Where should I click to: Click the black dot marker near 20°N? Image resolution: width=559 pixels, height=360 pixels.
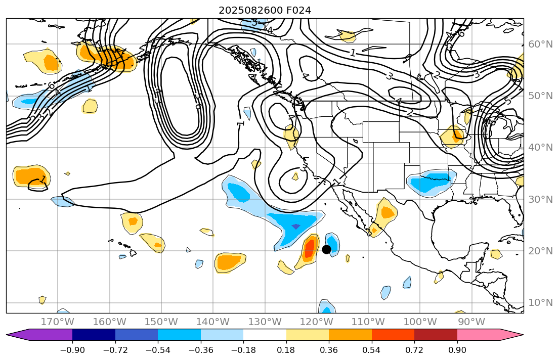click(x=326, y=249)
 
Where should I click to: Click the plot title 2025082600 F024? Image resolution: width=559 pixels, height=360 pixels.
click(x=265, y=10)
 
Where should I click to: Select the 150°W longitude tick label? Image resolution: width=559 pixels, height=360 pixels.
click(x=161, y=322)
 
